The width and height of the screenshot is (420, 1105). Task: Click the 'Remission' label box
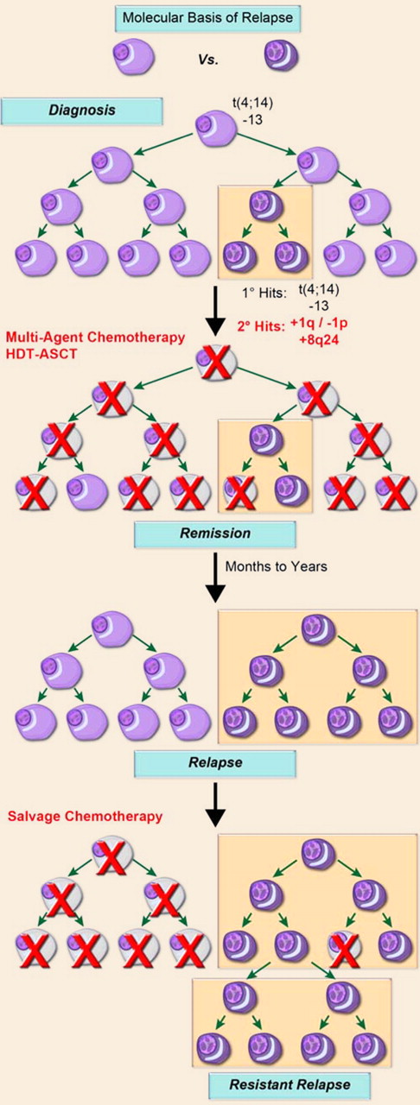tap(214, 534)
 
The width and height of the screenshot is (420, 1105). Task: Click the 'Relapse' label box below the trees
tap(214, 764)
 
